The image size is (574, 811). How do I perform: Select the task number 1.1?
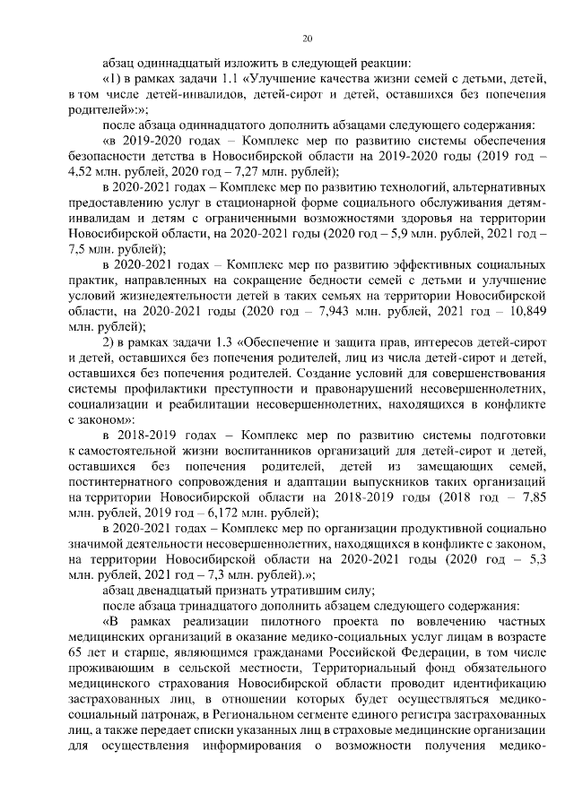pyautogui.click(x=215, y=79)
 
